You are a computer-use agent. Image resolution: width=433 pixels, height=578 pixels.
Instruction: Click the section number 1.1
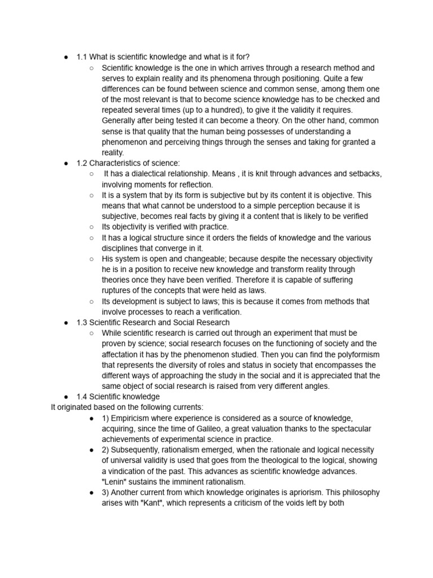[x=82, y=57]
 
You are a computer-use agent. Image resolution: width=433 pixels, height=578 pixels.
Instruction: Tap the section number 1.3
[x=82, y=322]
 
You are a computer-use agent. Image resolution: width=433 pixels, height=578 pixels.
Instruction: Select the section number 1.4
[x=82, y=397]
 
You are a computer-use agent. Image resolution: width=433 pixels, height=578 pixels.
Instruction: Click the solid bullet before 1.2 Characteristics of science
[x=66, y=163]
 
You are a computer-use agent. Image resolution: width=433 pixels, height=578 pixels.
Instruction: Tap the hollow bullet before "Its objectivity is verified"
[x=91, y=227]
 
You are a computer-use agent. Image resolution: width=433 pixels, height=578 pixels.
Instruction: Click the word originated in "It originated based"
[x=77, y=407]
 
